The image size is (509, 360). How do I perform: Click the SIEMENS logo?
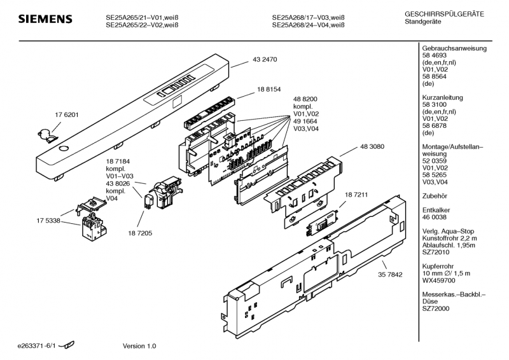click(x=45, y=19)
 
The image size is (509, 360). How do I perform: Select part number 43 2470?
click(x=265, y=59)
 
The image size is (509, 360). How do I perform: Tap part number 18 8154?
click(x=268, y=89)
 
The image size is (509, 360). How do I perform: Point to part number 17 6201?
click(x=67, y=114)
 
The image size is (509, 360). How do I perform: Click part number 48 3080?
click(x=372, y=146)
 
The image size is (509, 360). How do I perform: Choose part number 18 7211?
click(x=356, y=195)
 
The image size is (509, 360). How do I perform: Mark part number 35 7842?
click(x=390, y=275)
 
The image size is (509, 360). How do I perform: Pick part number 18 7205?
click(x=140, y=233)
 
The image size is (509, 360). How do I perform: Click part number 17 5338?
click(x=48, y=221)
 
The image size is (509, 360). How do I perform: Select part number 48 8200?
click(x=305, y=99)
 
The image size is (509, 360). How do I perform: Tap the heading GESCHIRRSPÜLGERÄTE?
click(x=444, y=14)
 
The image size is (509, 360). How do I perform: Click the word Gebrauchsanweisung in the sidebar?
click(x=454, y=48)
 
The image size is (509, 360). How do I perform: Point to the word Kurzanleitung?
click(x=442, y=98)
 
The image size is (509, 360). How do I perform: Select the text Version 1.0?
click(x=139, y=346)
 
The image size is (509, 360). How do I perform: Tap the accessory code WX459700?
click(x=438, y=280)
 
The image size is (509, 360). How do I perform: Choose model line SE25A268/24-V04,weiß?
click(x=308, y=25)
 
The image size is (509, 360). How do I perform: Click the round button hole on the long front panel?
click(x=64, y=148)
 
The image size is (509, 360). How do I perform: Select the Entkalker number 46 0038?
click(x=434, y=217)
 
